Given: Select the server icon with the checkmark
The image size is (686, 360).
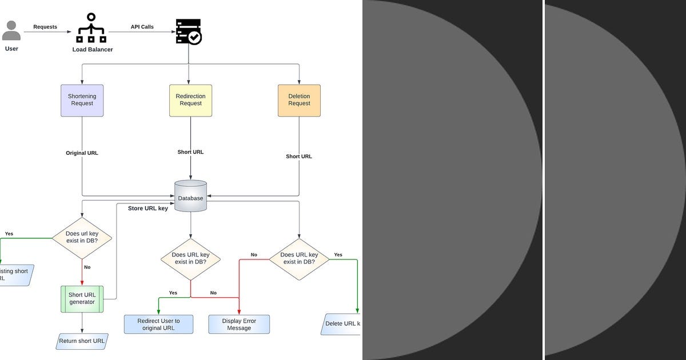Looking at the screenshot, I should (189, 32).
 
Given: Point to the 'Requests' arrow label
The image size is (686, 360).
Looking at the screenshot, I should (45, 27).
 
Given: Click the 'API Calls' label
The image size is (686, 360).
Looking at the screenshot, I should (142, 27).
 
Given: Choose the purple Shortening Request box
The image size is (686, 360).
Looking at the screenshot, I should (82, 101).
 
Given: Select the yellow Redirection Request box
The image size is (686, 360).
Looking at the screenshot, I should (190, 101).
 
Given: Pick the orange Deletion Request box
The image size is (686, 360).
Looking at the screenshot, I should (299, 101).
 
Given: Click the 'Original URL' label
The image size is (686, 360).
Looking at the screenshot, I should (82, 153).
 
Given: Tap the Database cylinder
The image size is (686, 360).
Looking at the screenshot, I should (190, 197).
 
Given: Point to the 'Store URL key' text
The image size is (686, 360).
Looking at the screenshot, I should (147, 209).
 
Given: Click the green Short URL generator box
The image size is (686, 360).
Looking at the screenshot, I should (82, 299).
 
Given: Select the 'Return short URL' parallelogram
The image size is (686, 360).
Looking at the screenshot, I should (82, 342).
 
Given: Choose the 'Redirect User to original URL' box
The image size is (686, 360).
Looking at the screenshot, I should (158, 325).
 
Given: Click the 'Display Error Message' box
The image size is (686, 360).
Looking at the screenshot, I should (239, 325).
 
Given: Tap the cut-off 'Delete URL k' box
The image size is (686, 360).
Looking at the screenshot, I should (342, 323).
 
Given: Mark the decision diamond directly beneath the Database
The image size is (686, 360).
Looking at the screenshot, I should (190, 259).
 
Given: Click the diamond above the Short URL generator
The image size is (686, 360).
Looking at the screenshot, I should (82, 238).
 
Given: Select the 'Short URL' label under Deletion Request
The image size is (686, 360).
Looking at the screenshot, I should (299, 157).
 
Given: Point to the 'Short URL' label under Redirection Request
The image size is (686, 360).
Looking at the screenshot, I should (190, 152).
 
